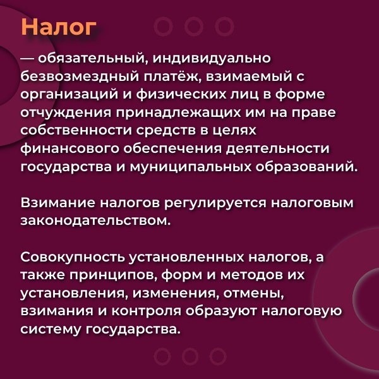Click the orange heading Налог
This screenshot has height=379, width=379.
59,27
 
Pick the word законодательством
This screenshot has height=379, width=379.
94,222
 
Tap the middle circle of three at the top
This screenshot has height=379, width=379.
194,26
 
